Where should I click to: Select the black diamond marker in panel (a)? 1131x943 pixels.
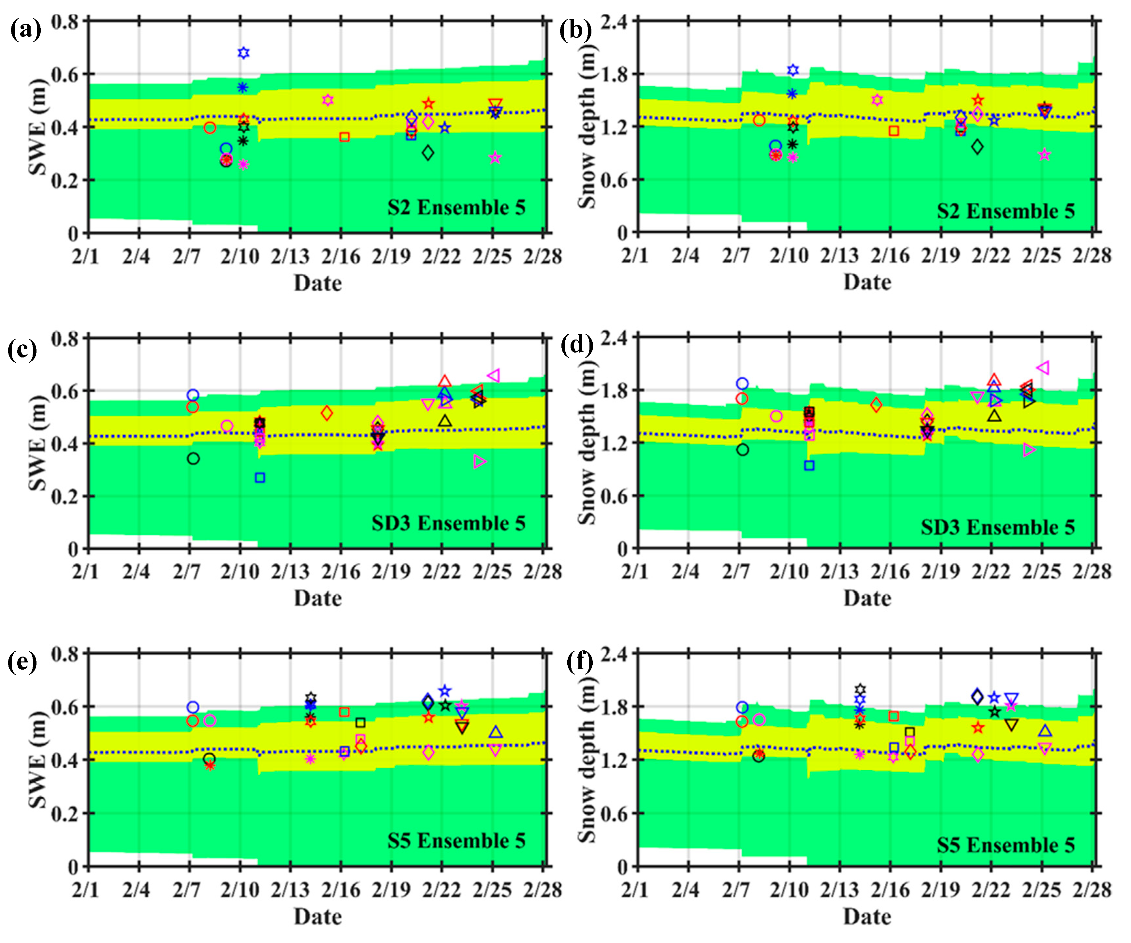[428, 153]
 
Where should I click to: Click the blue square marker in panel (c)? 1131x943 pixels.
[260, 478]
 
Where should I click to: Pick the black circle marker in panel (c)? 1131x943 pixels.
[193, 459]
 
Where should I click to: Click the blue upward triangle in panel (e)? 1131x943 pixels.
[496, 732]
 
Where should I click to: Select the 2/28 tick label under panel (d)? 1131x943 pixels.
[1092, 572]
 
